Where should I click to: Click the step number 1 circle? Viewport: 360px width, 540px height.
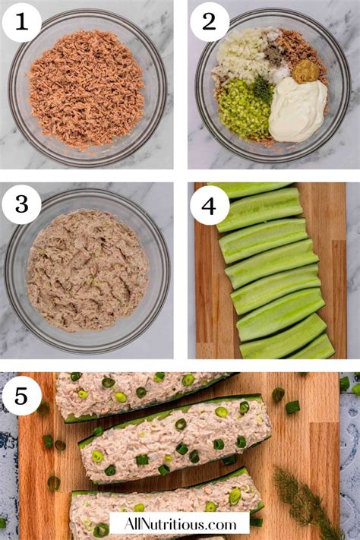click(x=21, y=22)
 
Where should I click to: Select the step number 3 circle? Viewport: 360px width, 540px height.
click(x=21, y=204)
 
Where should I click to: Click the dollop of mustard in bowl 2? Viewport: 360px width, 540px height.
click(x=306, y=72)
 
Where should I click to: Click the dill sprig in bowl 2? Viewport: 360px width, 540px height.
click(x=263, y=90)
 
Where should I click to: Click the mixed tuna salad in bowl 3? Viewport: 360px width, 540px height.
click(x=87, y=270)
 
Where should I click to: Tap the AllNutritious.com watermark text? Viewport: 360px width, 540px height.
click(x=179, y=523)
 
